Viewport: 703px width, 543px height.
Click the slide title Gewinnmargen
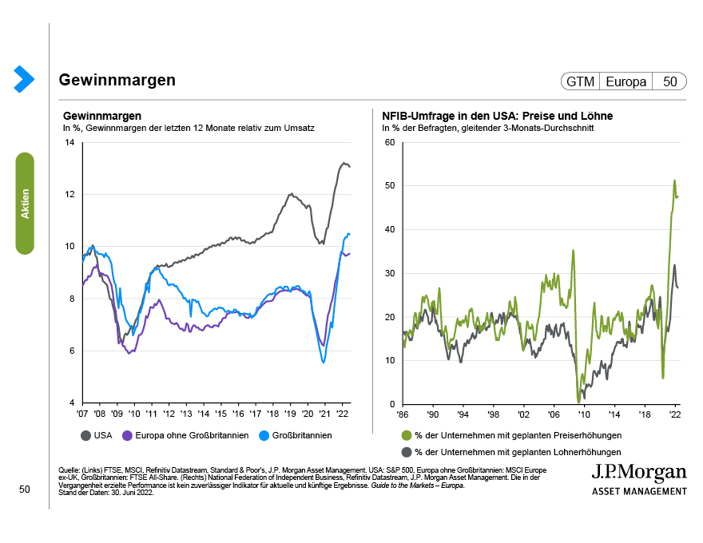click(117, 81)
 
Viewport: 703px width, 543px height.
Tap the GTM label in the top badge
click(580, 81)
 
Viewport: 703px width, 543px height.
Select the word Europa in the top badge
click(626, 81)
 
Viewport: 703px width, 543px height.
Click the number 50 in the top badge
click(669, 81)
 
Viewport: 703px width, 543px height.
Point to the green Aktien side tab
click(26, 203)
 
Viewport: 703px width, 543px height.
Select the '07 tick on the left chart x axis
click(82, 415)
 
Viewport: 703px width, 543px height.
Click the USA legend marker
click(85, 435)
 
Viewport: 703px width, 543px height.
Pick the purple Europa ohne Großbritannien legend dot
click(127, 435)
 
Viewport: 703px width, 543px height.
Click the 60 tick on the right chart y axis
click(390, 142)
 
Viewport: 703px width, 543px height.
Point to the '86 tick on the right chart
click(403, 415)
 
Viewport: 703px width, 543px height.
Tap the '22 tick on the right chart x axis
click(675, 415)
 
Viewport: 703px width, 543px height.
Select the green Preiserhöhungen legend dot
click(407, 435)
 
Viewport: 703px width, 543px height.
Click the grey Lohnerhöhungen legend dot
click(407, 451)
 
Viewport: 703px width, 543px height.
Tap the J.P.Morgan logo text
click(638, 471)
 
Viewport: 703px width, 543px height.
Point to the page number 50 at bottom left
click(24, 489)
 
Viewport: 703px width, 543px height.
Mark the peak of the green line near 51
click(674, 180)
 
